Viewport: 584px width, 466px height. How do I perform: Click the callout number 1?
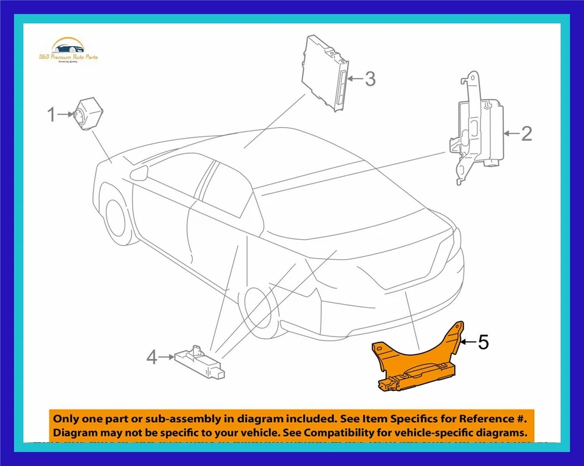[52, 114]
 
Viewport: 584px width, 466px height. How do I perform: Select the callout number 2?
[526, 133]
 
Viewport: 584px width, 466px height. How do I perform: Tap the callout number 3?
[370, 78]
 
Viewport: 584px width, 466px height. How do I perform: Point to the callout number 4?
[152, 358]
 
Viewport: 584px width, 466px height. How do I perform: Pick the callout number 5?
[483, 343]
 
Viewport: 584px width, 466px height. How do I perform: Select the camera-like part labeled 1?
[88, 113]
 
